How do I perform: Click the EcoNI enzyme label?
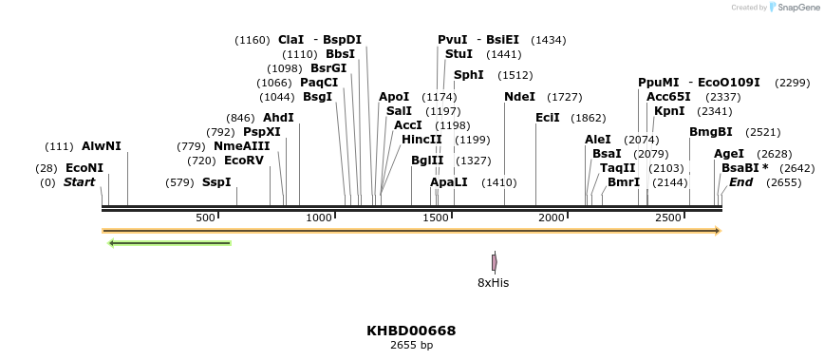click(84, 168)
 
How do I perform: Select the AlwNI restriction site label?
click(102, 146)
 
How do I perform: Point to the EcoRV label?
click(244, 161)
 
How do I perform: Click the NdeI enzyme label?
click(519, 97)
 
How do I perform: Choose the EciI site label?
click(548, 118)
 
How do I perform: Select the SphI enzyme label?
click(469, 75)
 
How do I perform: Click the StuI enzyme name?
click(459, 54)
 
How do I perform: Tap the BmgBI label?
click(711, 132)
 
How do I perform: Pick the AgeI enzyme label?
click(729, 154)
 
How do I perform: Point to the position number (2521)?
click(763, 132)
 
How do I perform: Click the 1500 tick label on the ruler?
click(436, 218)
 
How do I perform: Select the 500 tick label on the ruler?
click(206, 218)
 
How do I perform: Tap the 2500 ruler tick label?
click(668, 218)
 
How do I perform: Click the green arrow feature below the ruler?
click(170, 243)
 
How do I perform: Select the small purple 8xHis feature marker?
click(494, 262)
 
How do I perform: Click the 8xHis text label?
click(493, 283)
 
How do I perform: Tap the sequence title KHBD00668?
click(411, 331)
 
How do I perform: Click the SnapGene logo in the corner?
click(796, 7)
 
